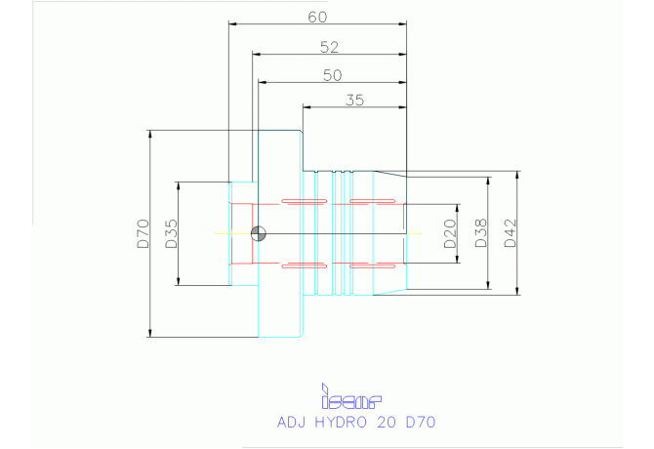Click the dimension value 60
[x=316, y=17]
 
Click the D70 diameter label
[x=143, y=234]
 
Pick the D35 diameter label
[x=171, y=234]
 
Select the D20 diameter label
[x=450, y=234]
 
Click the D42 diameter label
[x=510, y=232]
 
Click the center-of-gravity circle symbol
[x=259, y=233]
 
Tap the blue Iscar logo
[x=350, y=399]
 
